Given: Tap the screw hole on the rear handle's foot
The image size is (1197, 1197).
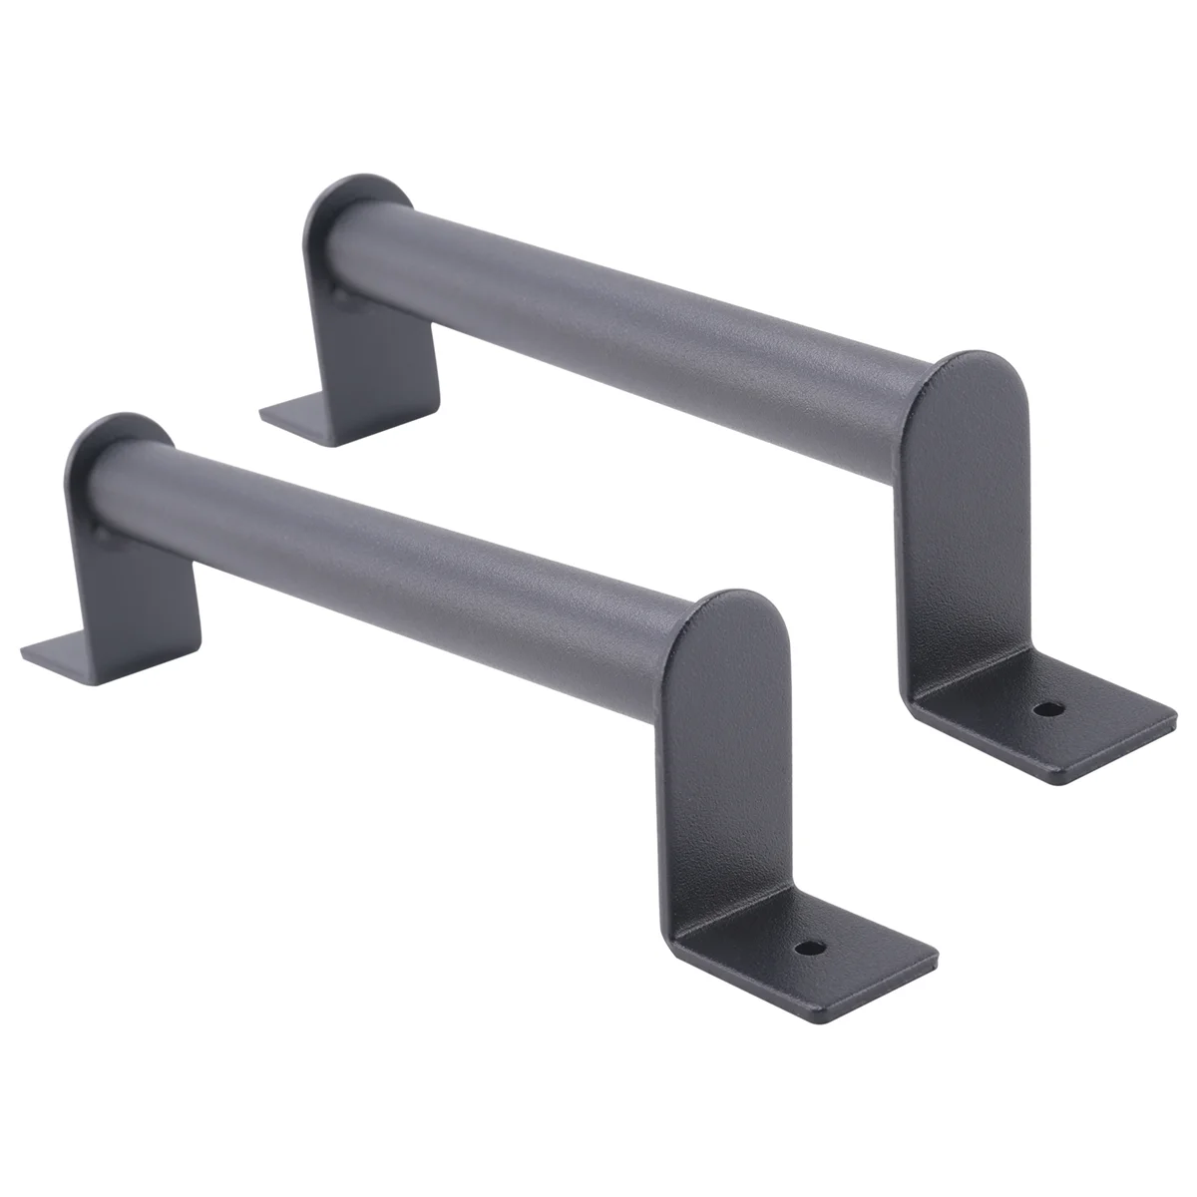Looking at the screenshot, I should [x=1045, y=709].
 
